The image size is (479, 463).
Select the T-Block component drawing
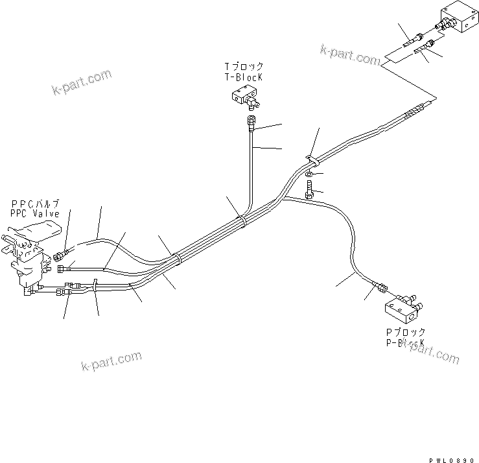click(244, 98)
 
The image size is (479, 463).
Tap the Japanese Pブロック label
click(404, 332)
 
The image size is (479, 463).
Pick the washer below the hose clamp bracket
click(311, 174)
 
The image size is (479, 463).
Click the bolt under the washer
click(310, 190)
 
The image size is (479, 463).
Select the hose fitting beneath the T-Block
click(251, 122)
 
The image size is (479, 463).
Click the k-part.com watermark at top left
click(82, 82)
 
